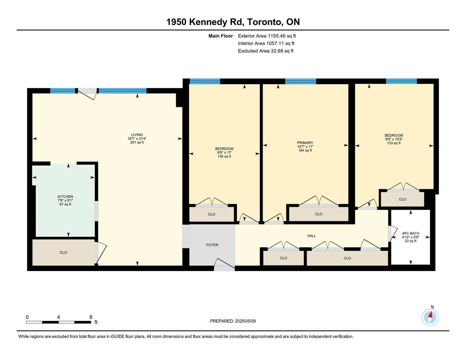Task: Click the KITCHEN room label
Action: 65,196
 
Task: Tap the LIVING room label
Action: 137,135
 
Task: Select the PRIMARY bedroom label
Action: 305,143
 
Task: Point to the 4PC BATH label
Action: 410,233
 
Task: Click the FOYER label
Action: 212,245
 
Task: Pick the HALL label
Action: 311,236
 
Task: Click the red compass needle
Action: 430,315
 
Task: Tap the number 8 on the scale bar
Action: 91,317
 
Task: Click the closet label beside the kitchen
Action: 63,253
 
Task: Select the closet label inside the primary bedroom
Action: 318,214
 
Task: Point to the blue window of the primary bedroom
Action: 300,81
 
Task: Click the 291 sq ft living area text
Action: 137,142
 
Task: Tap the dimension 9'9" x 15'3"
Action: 394,139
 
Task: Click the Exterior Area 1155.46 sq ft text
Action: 267,36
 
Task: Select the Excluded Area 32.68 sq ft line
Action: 265,51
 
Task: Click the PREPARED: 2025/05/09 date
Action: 233,321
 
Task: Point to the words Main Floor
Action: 220,36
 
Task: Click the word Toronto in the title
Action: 264,22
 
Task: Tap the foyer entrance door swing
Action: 224,263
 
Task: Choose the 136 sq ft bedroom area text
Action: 224,157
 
